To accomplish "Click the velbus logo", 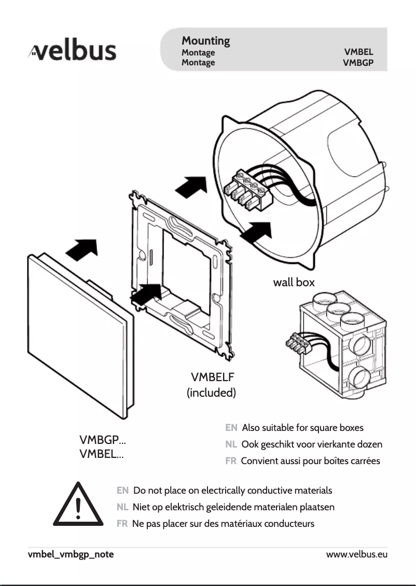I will click(x=73, y=52).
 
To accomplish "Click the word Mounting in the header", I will click(x=205, y=40).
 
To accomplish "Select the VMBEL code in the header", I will click(x=358, y=52).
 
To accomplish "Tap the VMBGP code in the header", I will click(x=358, y=63).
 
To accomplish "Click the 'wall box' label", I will click(x=294, y=283).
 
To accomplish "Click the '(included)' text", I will click(x=211, y=393).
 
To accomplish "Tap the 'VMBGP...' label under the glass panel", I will click(x=102, y=441).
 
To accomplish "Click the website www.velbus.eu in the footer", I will click(x=356, y=554).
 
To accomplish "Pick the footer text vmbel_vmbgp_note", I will click(x=71, y=554).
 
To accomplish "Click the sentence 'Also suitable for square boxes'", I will click(x=302, y=428).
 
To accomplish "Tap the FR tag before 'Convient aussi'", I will click(x=231, y=461).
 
